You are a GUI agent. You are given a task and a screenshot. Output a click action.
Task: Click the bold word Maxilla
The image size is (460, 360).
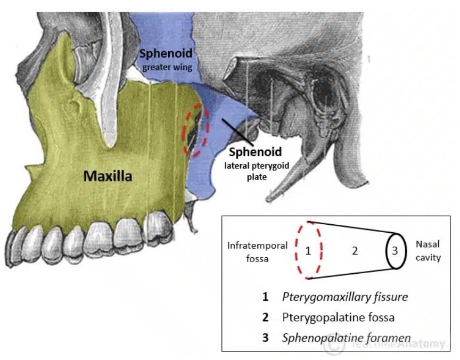pyautogui.click(x=108, y=176)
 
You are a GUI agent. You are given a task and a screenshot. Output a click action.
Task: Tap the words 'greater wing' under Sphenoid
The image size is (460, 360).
pyautogui.click(x=167, y=68)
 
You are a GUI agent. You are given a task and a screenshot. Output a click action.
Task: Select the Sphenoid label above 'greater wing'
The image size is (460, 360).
pyautogui.click(x=166, y=53)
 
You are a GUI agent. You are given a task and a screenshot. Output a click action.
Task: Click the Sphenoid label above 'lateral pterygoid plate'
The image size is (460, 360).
pyautogui.click(x=255, y=152)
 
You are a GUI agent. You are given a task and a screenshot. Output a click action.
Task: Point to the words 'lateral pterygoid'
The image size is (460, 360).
pyautogui.click(x=257, y=166)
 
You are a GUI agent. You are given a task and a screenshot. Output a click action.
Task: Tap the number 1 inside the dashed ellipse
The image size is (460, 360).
pyautogui.click(x=308, y=251)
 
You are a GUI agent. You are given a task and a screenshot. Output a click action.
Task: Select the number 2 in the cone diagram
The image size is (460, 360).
pyautogui.click(x=355, y=251)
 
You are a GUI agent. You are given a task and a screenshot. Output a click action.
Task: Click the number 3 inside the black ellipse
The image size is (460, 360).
pyautogui.click(x=395, y=251)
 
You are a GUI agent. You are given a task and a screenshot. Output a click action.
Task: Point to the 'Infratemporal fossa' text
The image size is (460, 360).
pyautogui.click(x=257, y=252)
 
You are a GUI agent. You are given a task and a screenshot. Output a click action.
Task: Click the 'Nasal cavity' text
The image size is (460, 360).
pyautogui.click(x=428, y=251)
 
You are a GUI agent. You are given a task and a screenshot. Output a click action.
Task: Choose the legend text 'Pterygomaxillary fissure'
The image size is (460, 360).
pyautogui.click(x=345, y=297)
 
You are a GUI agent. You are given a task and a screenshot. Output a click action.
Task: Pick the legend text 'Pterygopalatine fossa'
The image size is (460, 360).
pyautogui.click(x=338, y=317)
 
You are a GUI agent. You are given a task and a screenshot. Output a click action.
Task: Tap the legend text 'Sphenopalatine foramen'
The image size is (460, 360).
pyautogui.click(x=346, y=338)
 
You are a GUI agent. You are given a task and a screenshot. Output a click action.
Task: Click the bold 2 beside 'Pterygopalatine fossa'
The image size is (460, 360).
pyautogui.click(x=265, y=317)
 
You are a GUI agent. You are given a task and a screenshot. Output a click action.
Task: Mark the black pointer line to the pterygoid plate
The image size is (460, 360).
pyautogui.click(x=238, y=132)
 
